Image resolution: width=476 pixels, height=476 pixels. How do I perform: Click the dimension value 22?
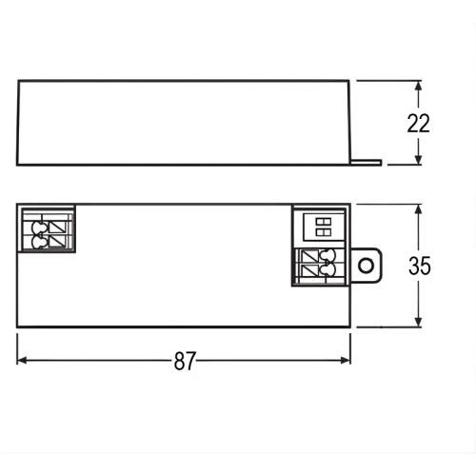(419, 123)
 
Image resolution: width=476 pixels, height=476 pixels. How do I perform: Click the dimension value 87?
(185, 362)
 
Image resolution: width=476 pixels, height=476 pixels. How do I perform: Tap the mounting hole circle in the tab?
(366, 264)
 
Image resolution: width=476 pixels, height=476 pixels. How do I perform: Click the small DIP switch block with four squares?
(322, 225)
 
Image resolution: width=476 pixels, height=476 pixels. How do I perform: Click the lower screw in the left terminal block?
(39, 243)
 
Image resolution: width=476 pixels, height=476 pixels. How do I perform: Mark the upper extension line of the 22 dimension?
(390, 81)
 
